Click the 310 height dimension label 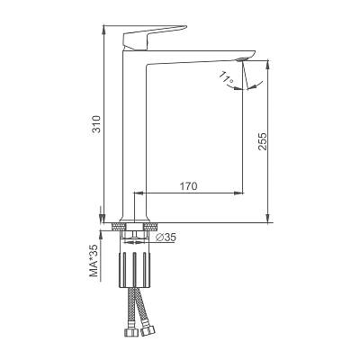pos(96,124)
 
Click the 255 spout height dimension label pos(262,141)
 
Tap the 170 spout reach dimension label pos(189,186)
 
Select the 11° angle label pos(226,77)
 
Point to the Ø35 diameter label pos(166,238)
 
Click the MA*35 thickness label pos(94,261)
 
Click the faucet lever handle pos(155,37)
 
